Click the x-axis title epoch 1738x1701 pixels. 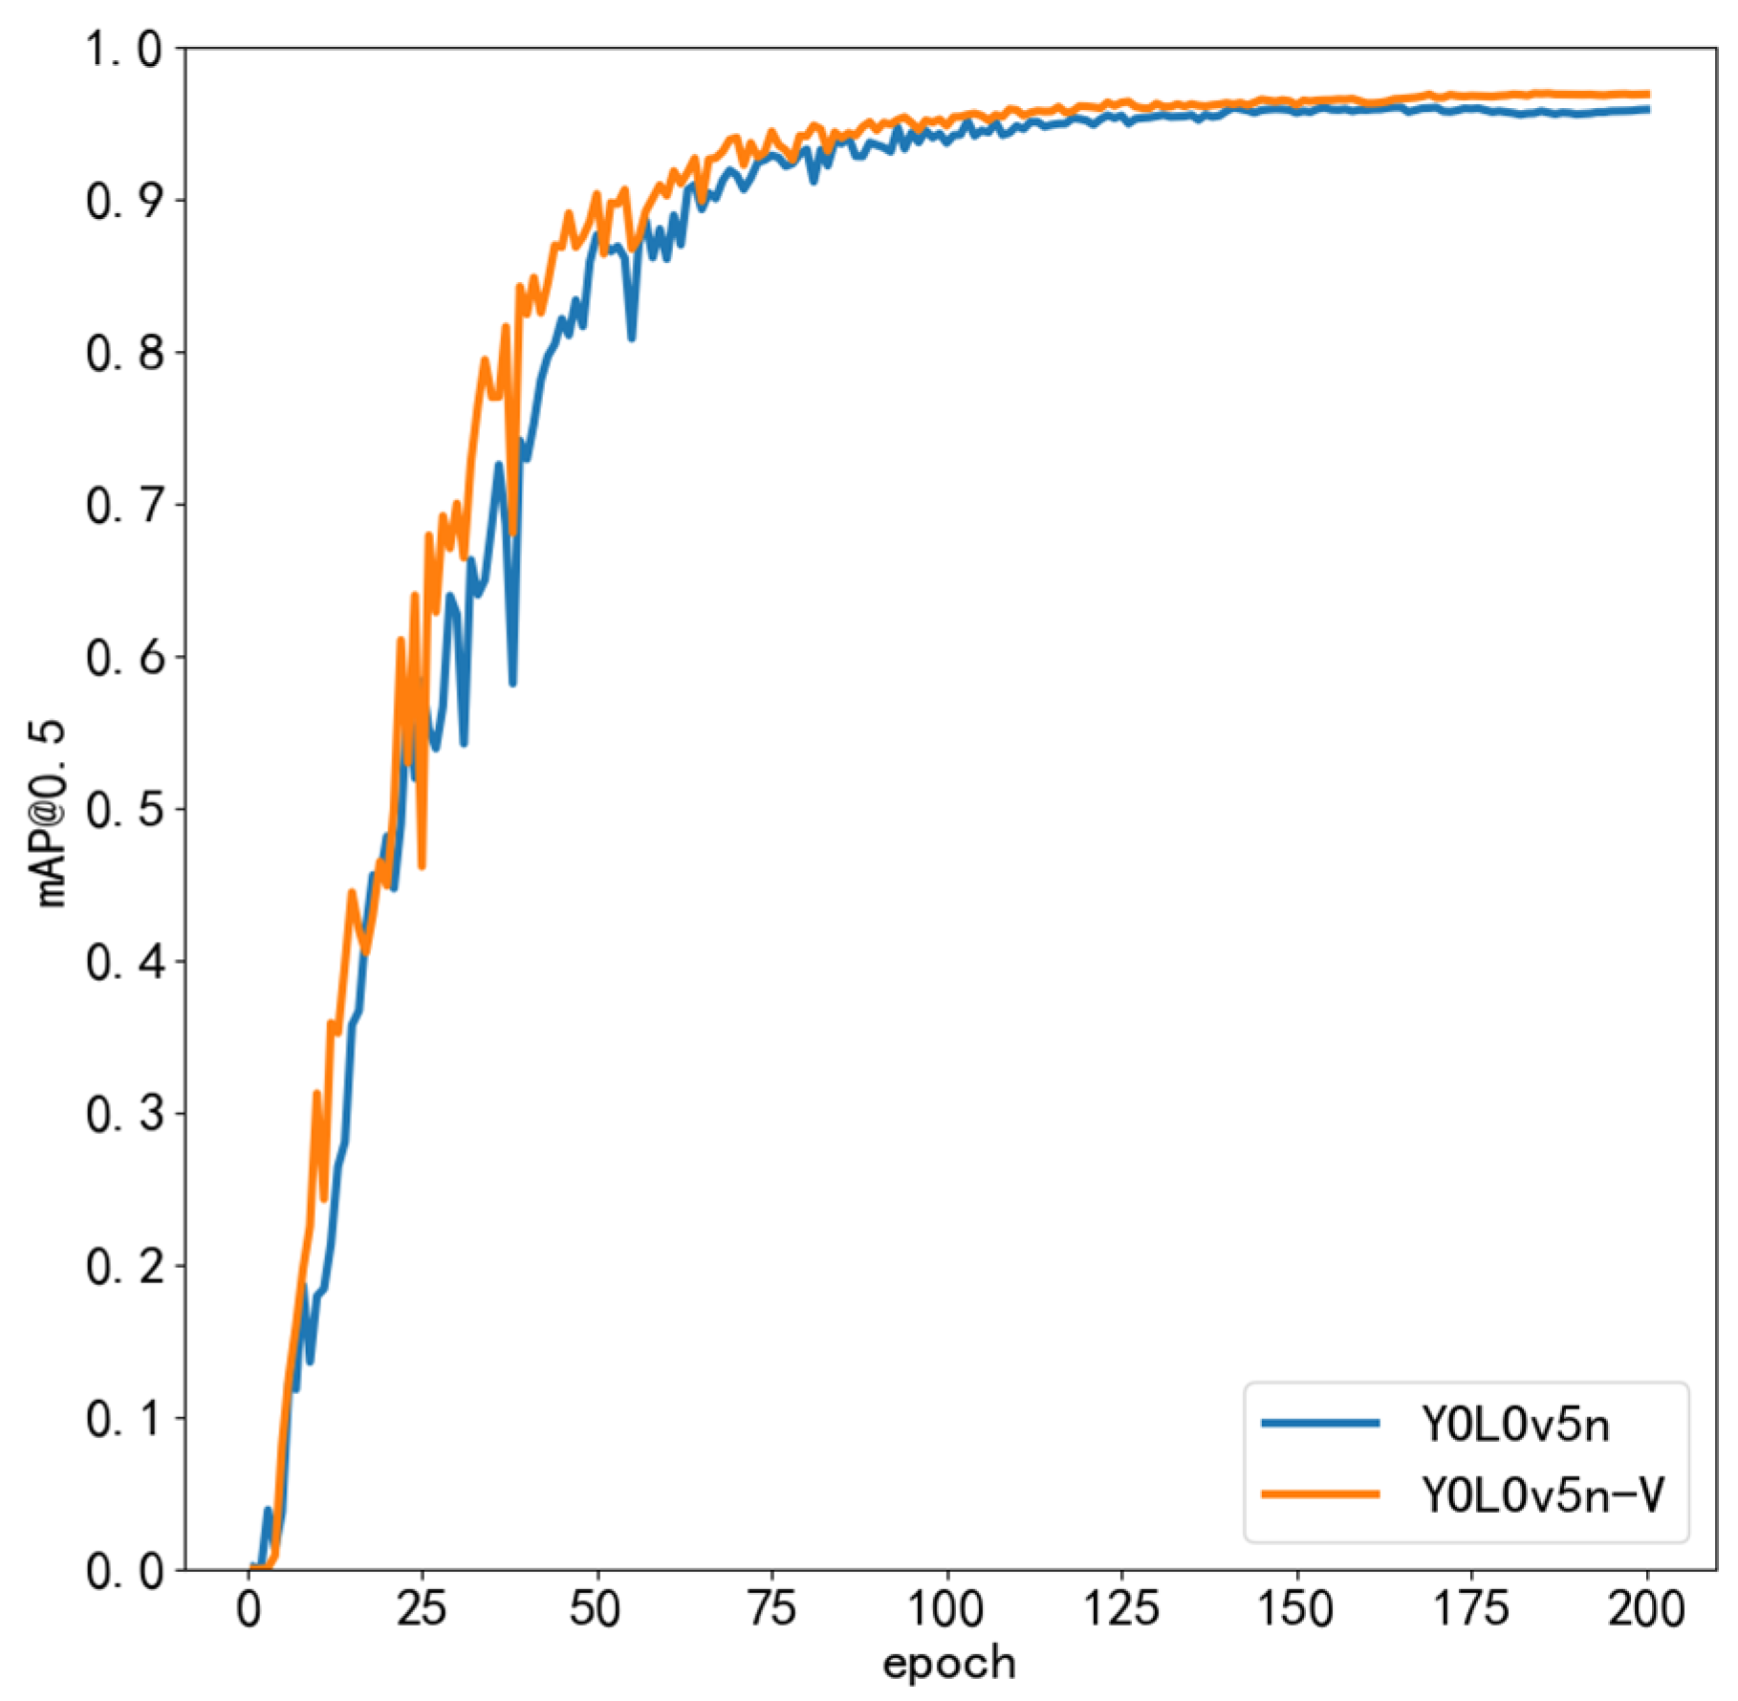point(948,1664)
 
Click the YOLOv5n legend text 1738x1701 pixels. point(1514,1425)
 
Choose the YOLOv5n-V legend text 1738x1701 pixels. point(1542,1494)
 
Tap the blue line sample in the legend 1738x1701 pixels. point(1320,1424)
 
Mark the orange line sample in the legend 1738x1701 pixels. point(1320,1494)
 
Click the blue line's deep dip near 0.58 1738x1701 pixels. point(513,683)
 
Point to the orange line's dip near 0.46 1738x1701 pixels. point(422,865)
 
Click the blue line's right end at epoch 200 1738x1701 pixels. point(1647,110)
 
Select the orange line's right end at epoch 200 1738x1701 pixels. point(1647,94)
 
